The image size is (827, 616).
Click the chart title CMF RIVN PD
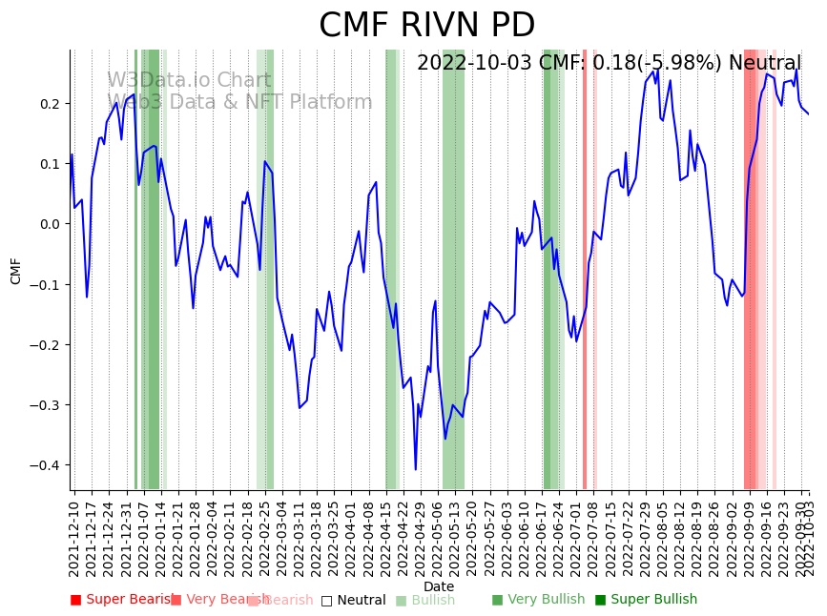pyautogui.click(x=426, y=26)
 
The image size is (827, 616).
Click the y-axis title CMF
pyautogui.click(x=16, y=270)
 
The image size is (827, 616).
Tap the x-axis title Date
pyautogui.click(x=439, y=586)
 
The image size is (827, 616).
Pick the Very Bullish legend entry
pyautogui.click(x=538, y=600)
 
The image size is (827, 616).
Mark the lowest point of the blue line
pyautogui.click(x=416, y=469)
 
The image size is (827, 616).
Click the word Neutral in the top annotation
pyautogui.click(x=764, y=63)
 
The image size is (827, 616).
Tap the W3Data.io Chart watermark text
pyautogui.click(x=189, y=80)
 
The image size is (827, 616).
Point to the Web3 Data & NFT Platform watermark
pyautogui.click(x=239, y=102)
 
